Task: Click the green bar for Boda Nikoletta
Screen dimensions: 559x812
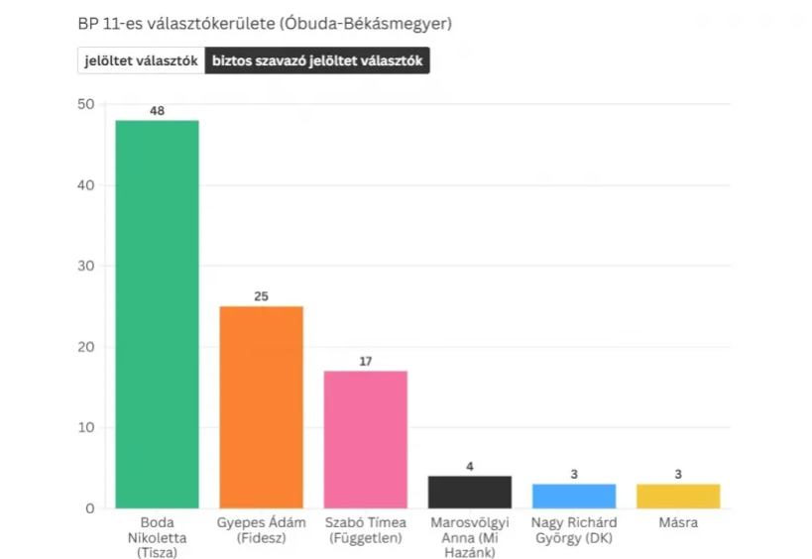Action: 157,313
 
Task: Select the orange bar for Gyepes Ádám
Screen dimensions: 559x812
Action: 261,406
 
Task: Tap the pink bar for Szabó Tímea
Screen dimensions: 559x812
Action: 366,439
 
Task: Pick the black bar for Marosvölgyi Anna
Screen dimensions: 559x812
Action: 470,492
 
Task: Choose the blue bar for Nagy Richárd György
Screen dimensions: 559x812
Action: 574,496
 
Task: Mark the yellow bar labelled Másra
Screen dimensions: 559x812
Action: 678,496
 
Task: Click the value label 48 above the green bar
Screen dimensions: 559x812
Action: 157,111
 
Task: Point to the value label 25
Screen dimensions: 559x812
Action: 261,296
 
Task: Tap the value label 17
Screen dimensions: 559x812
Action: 366,361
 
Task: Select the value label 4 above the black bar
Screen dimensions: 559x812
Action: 470,466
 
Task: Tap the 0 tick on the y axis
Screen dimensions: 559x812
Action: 89,508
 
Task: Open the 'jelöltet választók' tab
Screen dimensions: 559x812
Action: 142,61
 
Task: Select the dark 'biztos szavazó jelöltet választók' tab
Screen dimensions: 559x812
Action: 317,61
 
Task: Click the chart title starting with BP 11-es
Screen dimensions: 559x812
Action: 264,23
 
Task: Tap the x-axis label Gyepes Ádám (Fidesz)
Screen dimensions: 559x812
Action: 261,530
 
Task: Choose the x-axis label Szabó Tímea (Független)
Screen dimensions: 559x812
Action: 366,530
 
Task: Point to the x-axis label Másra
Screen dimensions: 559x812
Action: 678,523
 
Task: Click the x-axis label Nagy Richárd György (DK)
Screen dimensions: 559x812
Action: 574,530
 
